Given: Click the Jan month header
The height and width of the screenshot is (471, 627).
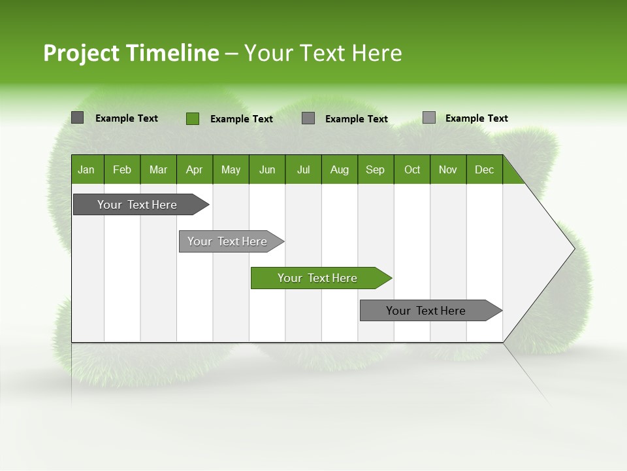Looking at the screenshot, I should (x=87, y=169).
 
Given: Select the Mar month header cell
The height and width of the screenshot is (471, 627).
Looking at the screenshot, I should (x=158, y=169).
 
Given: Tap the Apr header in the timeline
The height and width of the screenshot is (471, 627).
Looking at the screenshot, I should (x=195, y=169).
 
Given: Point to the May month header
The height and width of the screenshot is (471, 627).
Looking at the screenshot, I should (x=231, y=169).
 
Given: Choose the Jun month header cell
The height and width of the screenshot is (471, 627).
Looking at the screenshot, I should (x=267, y=169).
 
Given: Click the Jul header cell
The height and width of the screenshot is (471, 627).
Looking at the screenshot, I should (x=303, y=169).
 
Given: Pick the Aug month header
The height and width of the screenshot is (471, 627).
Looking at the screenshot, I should (x=340, y=169).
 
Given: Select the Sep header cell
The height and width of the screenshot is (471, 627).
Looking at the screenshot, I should (x=376, y=169).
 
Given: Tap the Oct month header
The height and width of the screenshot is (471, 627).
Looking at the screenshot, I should (x=412, y=169).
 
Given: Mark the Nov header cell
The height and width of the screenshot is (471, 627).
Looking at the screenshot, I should (x=448, y=169).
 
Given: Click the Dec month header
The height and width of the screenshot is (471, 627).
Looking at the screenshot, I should (x=485, y=169).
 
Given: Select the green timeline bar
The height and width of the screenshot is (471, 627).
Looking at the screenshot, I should (x=318, y=278).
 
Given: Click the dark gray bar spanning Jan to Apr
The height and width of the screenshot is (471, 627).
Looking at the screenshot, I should (x=138, y=205).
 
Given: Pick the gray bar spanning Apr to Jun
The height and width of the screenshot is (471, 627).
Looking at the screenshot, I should (x=228, y=241).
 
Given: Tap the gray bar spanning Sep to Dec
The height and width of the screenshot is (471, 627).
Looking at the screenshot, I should (x=426, y=311).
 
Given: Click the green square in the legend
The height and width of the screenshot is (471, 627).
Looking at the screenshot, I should (x=192, y=118).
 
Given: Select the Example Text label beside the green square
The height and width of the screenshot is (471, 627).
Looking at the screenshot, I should (x=242, y=119).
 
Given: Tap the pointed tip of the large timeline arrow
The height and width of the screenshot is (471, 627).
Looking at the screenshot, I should (x=572, y=249).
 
